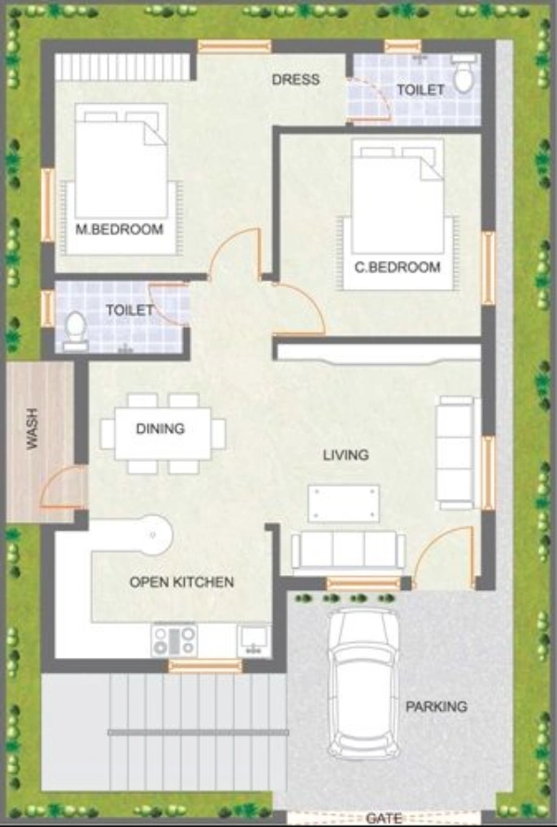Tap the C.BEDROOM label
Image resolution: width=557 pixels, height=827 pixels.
[397, 268]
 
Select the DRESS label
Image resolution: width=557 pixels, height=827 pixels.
[295, 80]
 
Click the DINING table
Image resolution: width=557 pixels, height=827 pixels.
[163, 433]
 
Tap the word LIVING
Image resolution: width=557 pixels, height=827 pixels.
[345, 455]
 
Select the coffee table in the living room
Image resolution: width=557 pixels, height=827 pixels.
[343, 503]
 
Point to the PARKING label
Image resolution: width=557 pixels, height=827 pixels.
[435, 707]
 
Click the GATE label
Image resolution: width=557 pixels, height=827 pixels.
[383, 819]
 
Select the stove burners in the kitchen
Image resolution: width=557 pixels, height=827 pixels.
[174, 639]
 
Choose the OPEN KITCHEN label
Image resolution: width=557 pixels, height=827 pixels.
[181, 583]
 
